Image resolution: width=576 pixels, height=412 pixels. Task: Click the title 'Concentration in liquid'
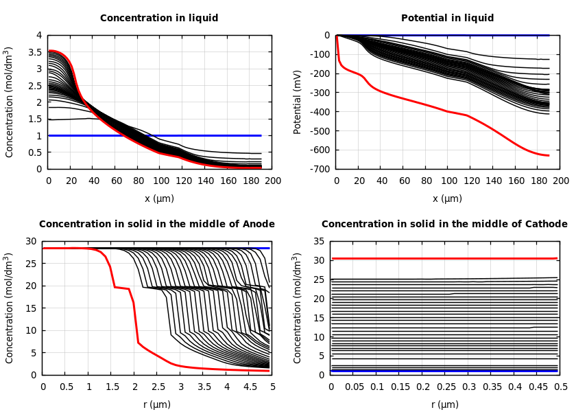tap(159, 19)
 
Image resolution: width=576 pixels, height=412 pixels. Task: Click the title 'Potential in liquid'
tap(447, 19)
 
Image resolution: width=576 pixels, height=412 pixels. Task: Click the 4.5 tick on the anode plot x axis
tap(250, 387)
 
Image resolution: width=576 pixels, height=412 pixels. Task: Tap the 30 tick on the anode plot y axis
tap(30, 242)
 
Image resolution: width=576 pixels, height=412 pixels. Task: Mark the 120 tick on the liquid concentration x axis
tap(183, 181)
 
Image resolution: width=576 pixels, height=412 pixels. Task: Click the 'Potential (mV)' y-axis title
tap(298, 102)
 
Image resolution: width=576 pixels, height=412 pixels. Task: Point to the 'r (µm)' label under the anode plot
tap(158, 404)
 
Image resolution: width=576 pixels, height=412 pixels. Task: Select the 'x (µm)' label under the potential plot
tap(447, 198)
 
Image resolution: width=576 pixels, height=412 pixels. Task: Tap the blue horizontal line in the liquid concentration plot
tap(206, 135)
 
